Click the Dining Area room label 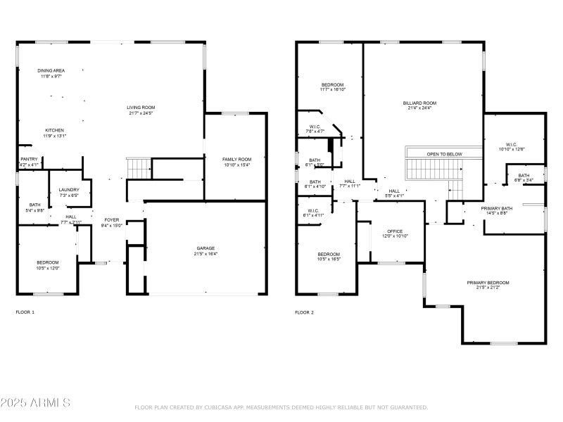(x=51, y=70)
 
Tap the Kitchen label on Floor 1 (x=55, y=130)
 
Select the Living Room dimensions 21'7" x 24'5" (x=140, y=113)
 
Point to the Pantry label (x=29, y=159)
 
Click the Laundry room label (x=68, y=189)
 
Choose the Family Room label (x=236, y=159)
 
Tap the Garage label (x=205, y=248)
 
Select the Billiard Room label (x=419, y=103)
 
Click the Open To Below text (x=444, y=153)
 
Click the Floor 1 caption (x=25, y=312)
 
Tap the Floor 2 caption (x=304, y=312)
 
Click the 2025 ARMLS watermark (x=35, y=403)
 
